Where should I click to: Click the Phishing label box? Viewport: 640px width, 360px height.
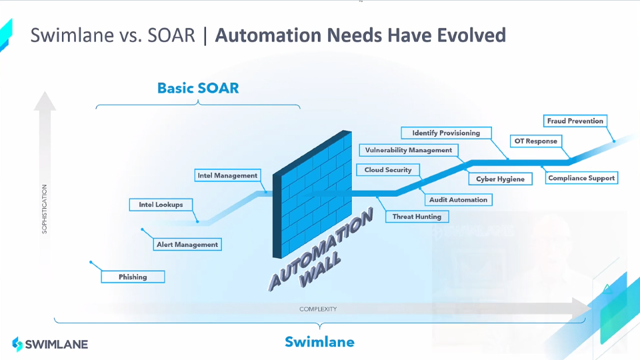click(133, 277)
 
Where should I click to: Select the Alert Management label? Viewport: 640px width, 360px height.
click(187, 245)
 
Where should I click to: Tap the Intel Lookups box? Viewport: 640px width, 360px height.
click(161, 205)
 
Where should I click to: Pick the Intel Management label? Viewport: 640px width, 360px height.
click(227, 175)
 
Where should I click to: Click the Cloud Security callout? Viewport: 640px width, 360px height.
click(388, 170)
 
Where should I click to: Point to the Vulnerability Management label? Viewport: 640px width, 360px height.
click(409, 150)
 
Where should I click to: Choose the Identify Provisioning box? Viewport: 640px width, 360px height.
click(446, 133)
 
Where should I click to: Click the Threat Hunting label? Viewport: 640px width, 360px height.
click(417, 217)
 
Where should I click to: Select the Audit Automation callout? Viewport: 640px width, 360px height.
click(458, 199)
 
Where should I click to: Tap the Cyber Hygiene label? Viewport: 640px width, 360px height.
click(500, 179)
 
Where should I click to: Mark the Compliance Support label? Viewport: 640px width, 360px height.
click(581, 178)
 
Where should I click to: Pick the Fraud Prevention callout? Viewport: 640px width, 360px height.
click(575, 121)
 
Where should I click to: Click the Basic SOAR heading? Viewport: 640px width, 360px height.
click(198, 88)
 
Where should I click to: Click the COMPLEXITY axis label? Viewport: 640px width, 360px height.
click(318, 309)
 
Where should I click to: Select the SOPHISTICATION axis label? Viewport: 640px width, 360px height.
click(45, 208)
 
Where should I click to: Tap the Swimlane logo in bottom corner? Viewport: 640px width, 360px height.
click(50, 344)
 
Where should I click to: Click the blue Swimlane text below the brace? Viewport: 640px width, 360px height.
click(319, 342)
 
